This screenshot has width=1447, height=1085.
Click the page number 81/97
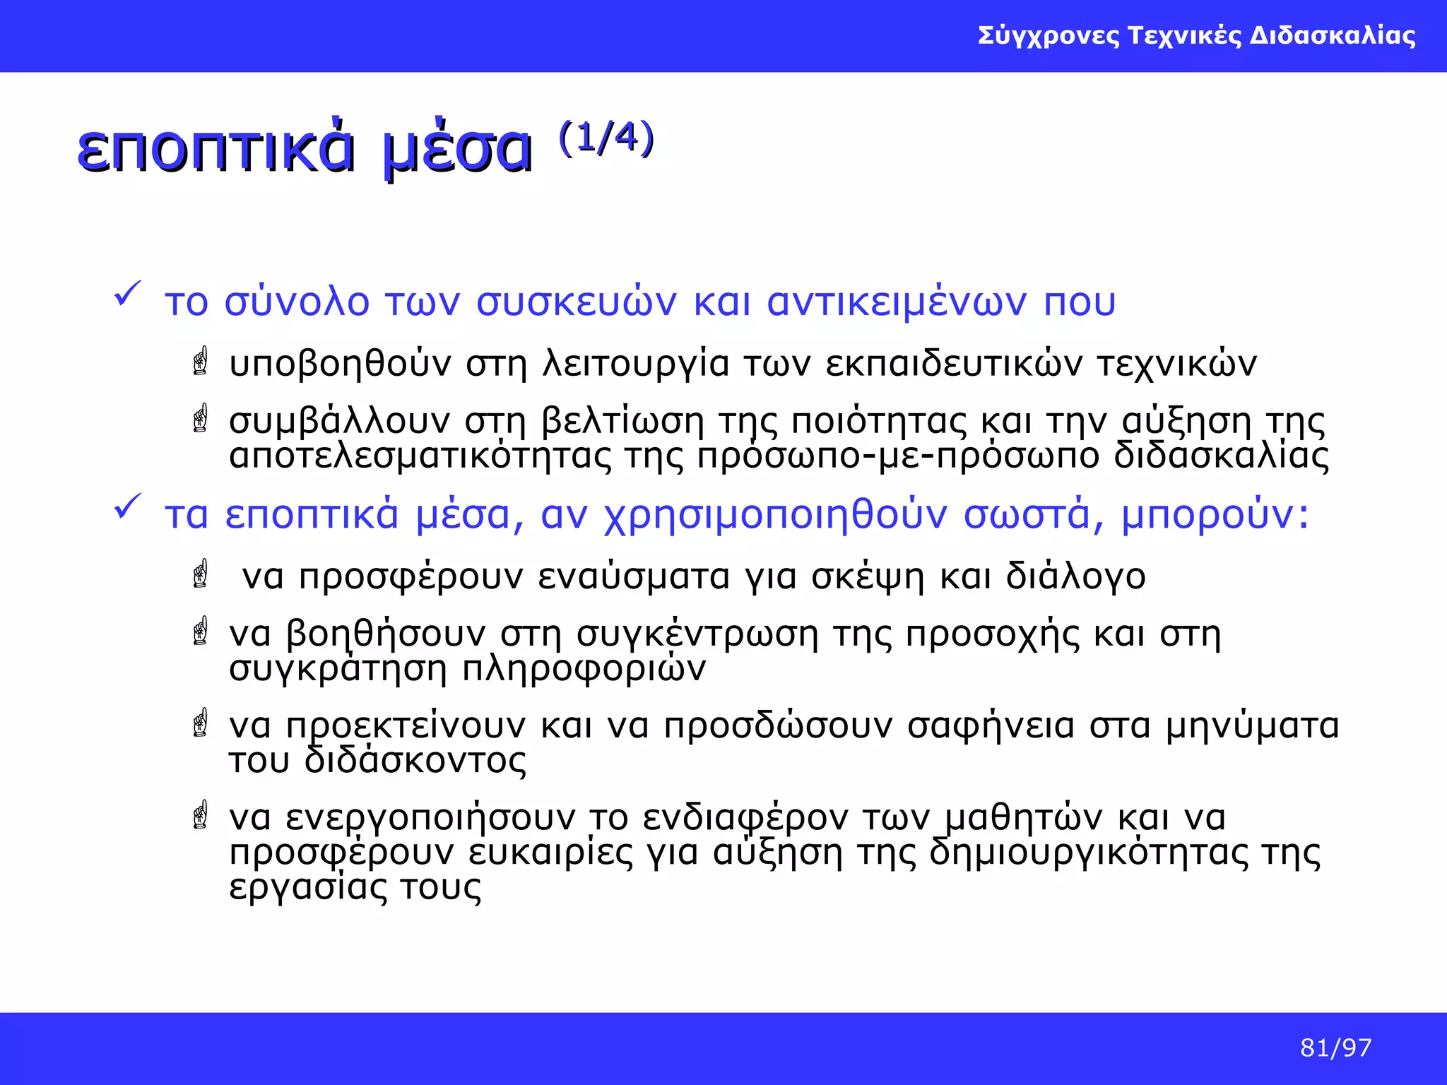pyautogui.click(x=1335, y=1048)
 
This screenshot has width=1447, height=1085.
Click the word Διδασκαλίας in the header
pyautogui.click(x=1333, y=35)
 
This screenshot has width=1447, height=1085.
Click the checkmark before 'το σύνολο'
pyautogui.click(x=128, y=294)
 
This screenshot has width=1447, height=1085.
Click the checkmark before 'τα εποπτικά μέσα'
pyautogui.click(x=128, y=506)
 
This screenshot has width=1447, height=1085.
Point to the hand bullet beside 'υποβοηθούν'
pyautogui.click(x=201, y=361)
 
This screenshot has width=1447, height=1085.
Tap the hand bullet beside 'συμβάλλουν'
pyautogui.click(x=201, y=418)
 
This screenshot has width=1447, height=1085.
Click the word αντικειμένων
pyautogui.click(x=897, y=302)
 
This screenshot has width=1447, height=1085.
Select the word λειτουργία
pyautogui.click(x=635, y=364)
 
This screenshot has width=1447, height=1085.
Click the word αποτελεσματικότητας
pyautogui.click(x=420, y=456)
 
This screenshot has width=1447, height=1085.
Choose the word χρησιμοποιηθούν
pyautogui.click(x=775, y=516)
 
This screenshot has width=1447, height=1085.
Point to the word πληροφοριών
pyautogui.click(x=584, y=668)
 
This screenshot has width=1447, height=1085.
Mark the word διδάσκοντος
pyautogui.click(x=415, y=760)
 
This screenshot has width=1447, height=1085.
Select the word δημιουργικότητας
pyautogui.click(x=1089, y=853)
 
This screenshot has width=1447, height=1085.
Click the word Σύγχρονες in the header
pyautogui.click(x=1049, y=35)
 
